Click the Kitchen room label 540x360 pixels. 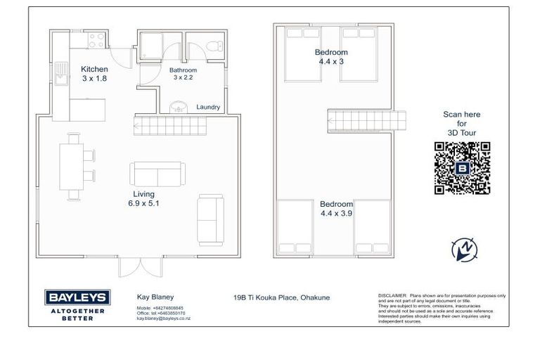[x=94, y=69]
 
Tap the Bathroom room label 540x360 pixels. [x=183, y=70]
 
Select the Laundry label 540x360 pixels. [x=208, y=108]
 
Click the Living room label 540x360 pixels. [x=143, y=193]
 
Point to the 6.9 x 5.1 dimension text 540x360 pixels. [x=144, y=203]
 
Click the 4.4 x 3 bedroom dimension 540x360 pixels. [x=330, y=61]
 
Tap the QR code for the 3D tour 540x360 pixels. [x=462, y=168]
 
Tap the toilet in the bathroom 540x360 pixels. [x=215, y=45]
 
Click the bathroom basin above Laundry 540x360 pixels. [x=179, y=106]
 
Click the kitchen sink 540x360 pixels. [x=61, y=77]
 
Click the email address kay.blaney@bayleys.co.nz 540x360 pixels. [x=163, y=319]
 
